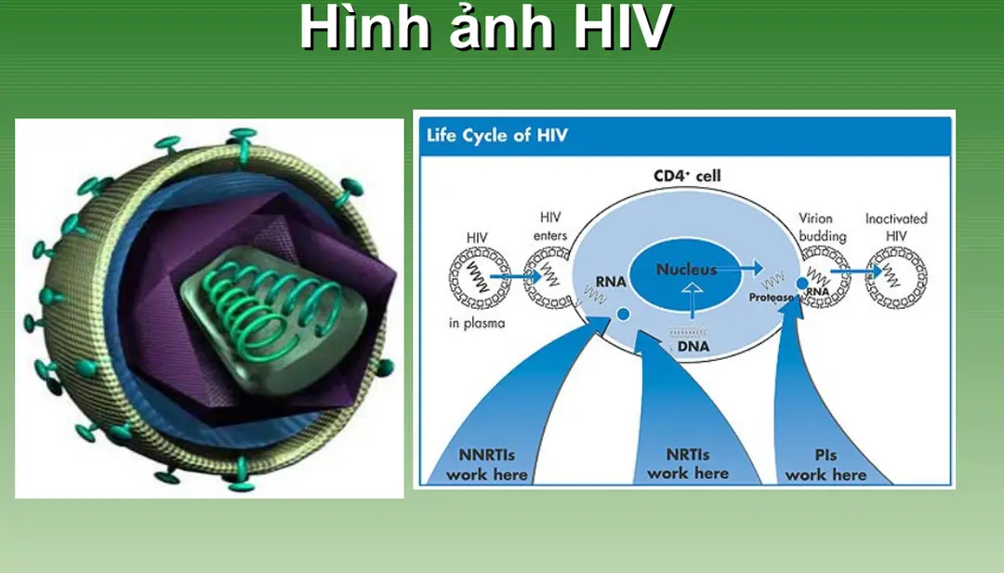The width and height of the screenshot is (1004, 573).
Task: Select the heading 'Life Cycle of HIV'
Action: pyautogui.click(x=497, y=136)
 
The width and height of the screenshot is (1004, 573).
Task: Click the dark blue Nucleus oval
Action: pyautogui.click(x=687, y=275)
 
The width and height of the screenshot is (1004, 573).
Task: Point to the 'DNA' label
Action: pyautogui.click(x=692, y=346)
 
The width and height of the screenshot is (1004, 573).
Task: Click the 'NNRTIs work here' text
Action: pyautogui.click(x=486, y=465)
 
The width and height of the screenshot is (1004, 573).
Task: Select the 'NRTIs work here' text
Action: pyautogui.click(x=687, y=464)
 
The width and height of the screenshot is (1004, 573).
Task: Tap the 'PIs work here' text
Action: pyautogui.click(x=826, y=465)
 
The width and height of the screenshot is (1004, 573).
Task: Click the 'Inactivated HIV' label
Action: pyautogui.click(x=896, y=227)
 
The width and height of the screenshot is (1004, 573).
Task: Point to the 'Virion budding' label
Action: pyautogui.click(x=822, y=227)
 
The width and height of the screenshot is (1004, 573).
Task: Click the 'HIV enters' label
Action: pyautogui.click(x=550, y=226)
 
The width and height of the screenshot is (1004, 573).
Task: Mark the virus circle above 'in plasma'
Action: pyautogui.click(x=480, y=278)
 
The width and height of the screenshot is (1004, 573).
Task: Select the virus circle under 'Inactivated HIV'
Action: pyautogui.click(x=896, y=278)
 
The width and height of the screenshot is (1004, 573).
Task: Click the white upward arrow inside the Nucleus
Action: pyautogui.click(x=689, y=296)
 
